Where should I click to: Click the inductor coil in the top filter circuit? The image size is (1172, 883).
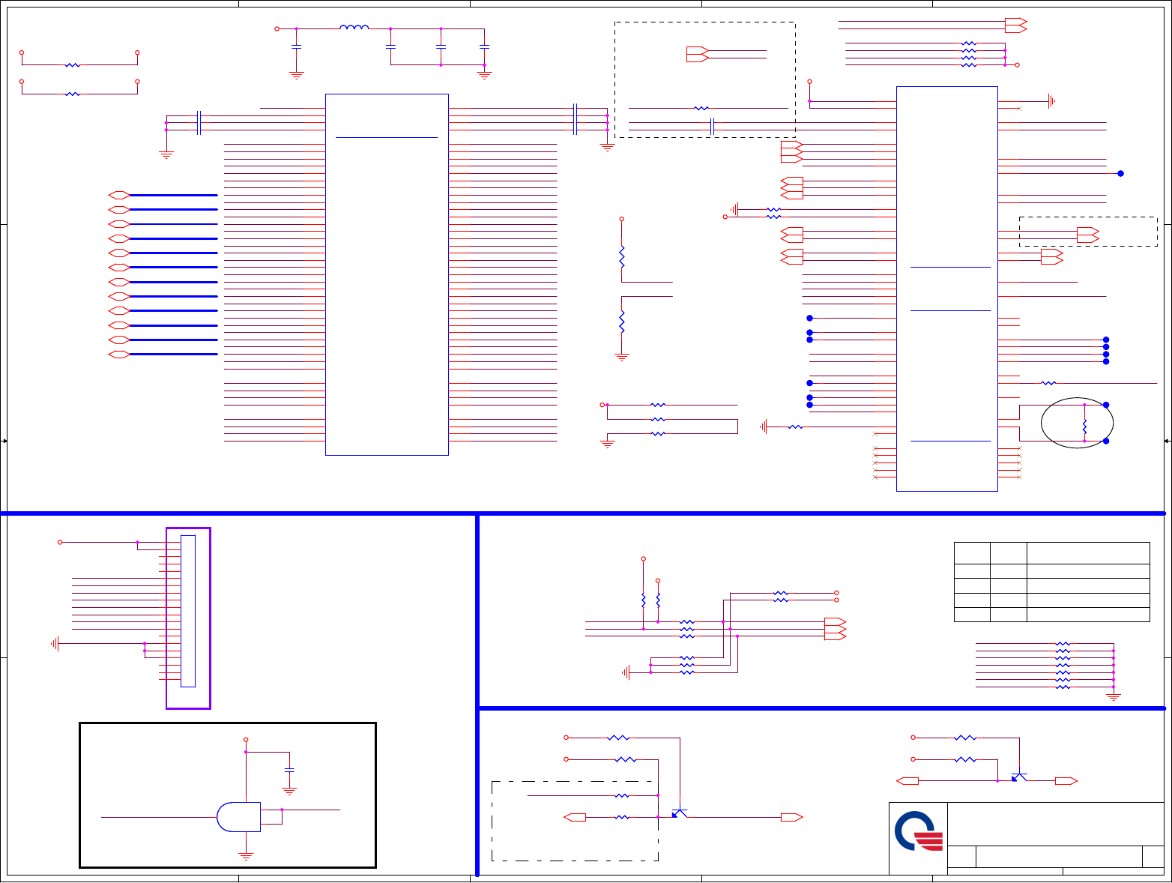(354, 28)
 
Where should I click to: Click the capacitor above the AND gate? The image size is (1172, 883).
(289, 770)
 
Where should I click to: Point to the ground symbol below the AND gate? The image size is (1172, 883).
(245, 855)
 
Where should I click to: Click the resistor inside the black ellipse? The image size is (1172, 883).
(1084, 427)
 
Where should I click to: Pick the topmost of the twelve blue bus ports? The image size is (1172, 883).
(118, 195)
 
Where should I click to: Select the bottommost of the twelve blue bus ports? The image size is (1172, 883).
(118, 355)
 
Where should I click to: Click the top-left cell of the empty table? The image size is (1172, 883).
(971, 553)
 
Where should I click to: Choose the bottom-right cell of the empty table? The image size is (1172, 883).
(1087, 615)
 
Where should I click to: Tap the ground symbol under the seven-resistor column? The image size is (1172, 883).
(1114, 697)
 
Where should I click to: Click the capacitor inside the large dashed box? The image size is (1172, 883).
(713, 127)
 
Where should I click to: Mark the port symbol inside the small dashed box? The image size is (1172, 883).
(1087, 235)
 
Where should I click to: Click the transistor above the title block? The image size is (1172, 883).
(1019, 777)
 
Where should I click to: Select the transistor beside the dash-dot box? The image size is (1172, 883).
(680, 813)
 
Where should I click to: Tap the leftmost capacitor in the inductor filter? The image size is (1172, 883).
(297, 46)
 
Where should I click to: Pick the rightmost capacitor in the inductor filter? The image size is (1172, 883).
(484, 46)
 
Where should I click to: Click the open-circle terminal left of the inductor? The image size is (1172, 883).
(277, 28)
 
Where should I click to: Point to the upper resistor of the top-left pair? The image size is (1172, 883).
(73, 65)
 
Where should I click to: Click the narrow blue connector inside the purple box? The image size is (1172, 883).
(188, 611)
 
